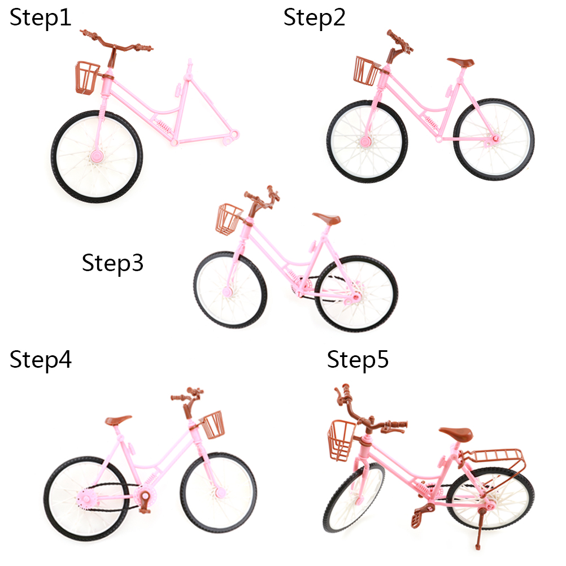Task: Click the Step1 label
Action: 40,18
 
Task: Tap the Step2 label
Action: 314,18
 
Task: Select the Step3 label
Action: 112,263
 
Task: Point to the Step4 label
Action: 41,360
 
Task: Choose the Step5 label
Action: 358,360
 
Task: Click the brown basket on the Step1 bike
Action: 86,78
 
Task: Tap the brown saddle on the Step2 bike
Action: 461,62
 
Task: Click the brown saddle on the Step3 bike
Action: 326,217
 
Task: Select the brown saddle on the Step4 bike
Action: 117,420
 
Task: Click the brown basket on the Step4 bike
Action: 212,425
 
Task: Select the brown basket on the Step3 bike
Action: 229,219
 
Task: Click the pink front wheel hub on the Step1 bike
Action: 97,156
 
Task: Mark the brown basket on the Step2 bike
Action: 367,71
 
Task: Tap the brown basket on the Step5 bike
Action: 341,440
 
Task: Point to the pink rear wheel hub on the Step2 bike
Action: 495,138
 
